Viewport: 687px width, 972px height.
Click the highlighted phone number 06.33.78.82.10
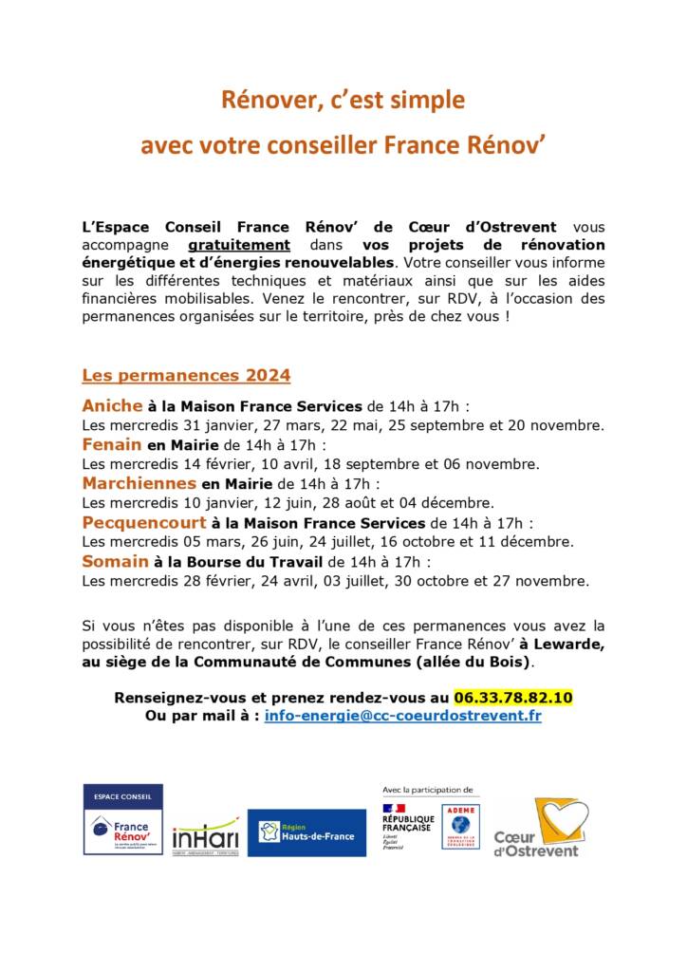[x=512, y=697]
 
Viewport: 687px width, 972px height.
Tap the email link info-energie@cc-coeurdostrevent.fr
[x=403, y=716]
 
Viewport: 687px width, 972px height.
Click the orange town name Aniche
[x=112, y=405]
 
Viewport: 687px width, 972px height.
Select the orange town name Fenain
[x=111, y=444]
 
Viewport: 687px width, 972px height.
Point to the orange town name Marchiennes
[x=139, y=483]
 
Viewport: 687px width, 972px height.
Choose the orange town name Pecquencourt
[x=144, y=522]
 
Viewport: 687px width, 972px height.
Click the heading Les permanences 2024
[x=186, y=374]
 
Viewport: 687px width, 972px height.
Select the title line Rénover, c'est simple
[x=343, y=100]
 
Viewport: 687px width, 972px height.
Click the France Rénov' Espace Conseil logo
[x=123, y=819]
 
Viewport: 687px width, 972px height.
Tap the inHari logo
[x=206, y=834]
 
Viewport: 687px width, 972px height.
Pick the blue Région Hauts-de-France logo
[x=306, y=832]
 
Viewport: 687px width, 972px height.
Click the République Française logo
[x=408, y=822]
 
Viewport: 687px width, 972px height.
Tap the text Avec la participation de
[x=427, y=789]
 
